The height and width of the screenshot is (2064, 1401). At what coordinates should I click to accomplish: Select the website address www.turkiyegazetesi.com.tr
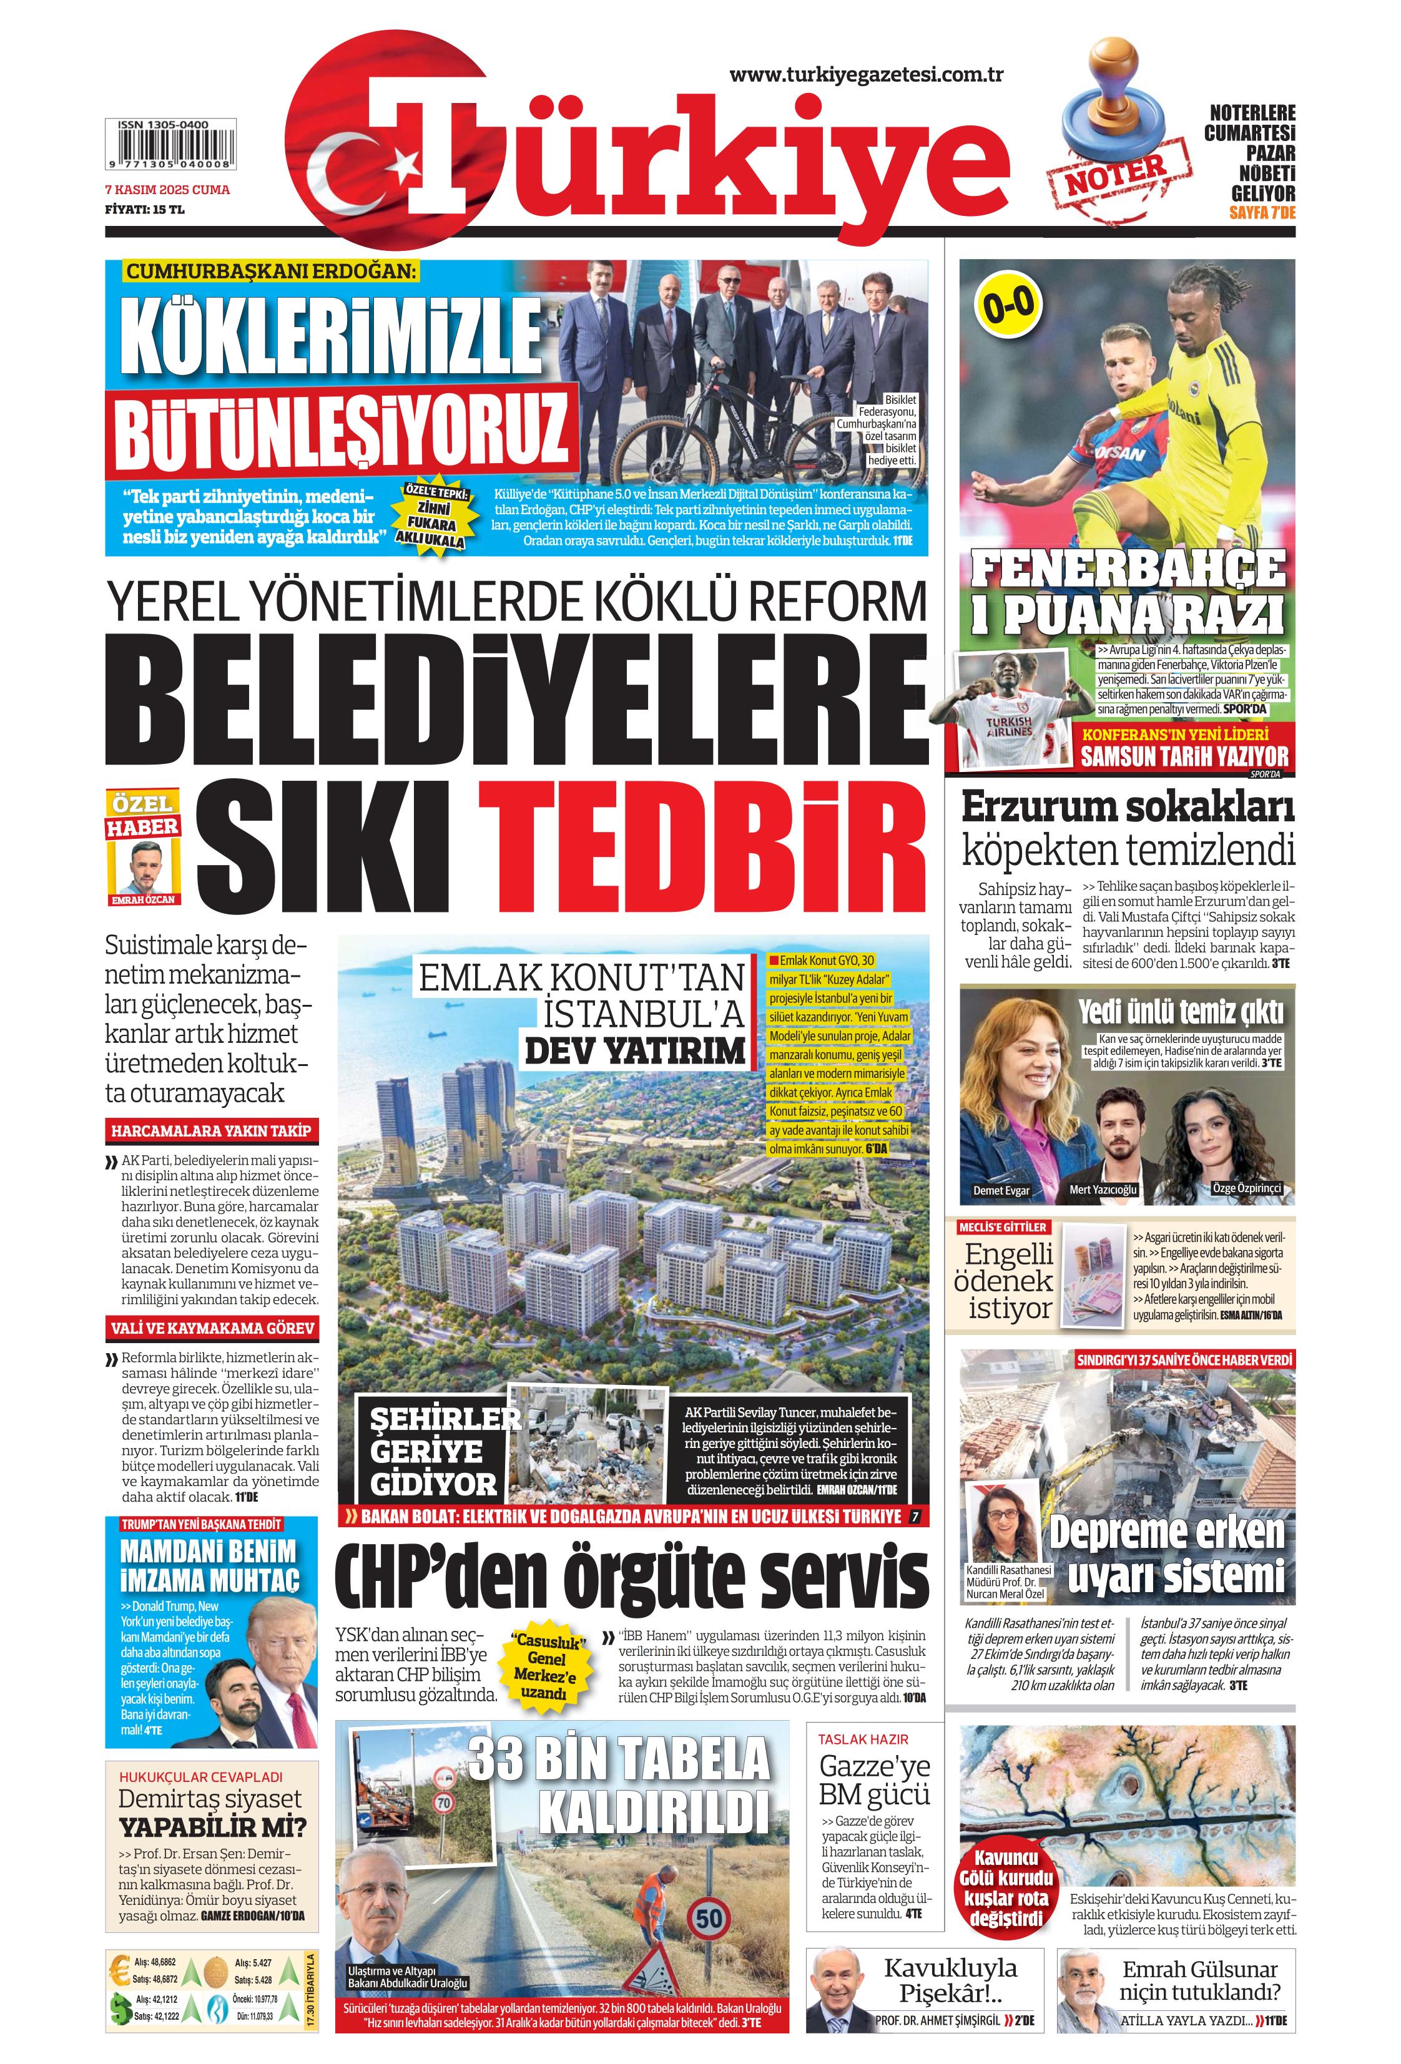(866, 75)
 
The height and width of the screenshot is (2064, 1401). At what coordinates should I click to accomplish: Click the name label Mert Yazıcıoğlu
(1103, 1189)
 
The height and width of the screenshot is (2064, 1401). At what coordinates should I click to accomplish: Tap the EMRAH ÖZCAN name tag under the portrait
(142, 899)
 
